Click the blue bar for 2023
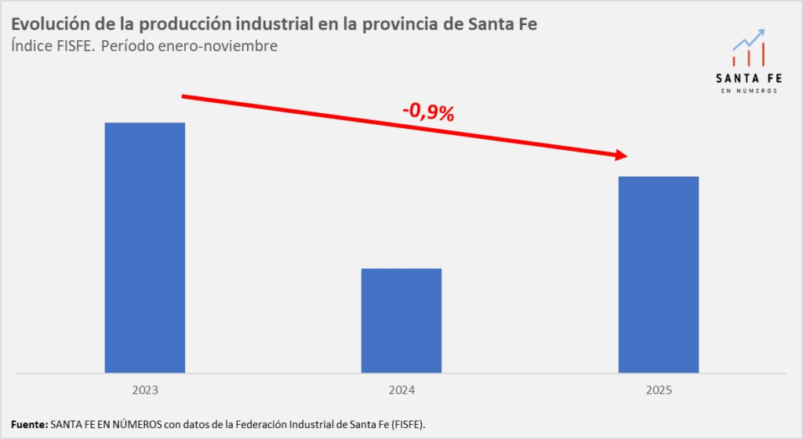pos(145,247)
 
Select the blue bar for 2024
pos(401,320)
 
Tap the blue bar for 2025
pos(659,274)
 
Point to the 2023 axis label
pos(145,390)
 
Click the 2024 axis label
pos(401,390)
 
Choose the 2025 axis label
pos(659,390)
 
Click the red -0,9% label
pos(428,112)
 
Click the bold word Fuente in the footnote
pos(28,425)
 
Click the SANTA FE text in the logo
pos(748,78)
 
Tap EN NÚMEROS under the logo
pos(748,91)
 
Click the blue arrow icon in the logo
pos(750,39)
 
